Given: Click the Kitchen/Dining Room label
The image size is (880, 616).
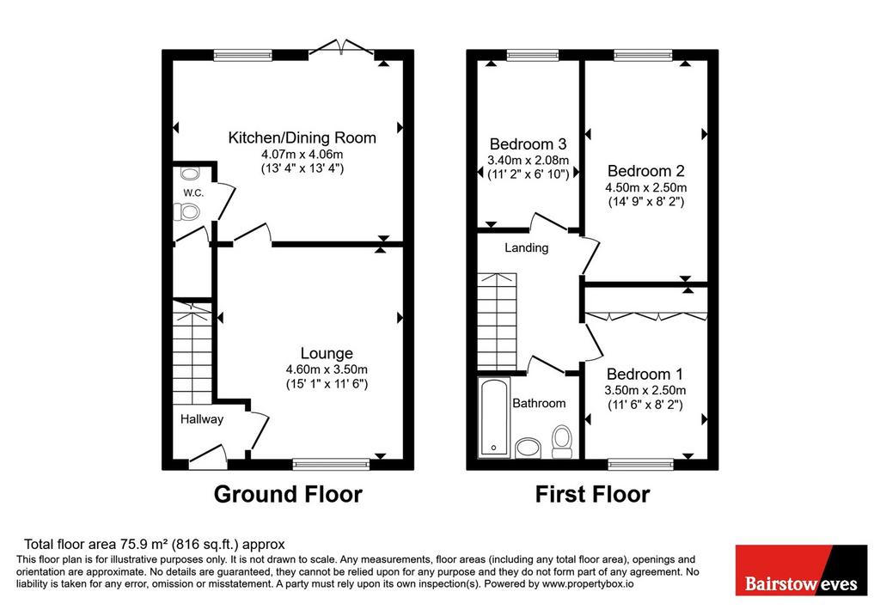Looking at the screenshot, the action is point(302,137).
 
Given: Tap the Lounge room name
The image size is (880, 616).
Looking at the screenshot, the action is point(327,353).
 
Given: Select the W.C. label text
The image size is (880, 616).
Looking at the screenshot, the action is point(193,193).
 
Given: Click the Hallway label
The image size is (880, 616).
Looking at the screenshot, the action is point(201,419).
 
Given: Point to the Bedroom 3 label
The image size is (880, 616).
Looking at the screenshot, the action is point(529,144).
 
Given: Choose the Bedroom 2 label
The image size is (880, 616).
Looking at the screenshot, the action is point(646,171).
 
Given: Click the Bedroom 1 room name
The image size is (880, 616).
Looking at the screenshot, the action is point(645,374).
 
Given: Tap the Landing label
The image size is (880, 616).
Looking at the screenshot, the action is point(527,247).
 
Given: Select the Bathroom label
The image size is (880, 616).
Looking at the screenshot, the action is point(539,403).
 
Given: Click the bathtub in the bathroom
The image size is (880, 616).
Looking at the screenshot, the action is point(494,418).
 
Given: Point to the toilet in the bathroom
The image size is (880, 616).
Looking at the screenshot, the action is point(562,441).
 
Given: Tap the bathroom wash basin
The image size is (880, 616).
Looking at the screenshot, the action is point(528,448).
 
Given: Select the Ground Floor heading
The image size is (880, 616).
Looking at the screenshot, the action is point(288,494).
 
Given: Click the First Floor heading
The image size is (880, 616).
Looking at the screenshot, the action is point(592,494).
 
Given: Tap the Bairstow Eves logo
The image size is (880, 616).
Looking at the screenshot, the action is point(801,570).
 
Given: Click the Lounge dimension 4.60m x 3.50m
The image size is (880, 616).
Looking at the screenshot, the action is point(327,369).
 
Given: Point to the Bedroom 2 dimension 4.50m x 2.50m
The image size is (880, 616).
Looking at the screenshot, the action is point(646,187).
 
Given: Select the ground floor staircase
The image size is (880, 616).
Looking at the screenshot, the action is point(192,351).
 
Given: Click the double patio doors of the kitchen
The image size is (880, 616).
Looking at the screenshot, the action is point(341,48).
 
